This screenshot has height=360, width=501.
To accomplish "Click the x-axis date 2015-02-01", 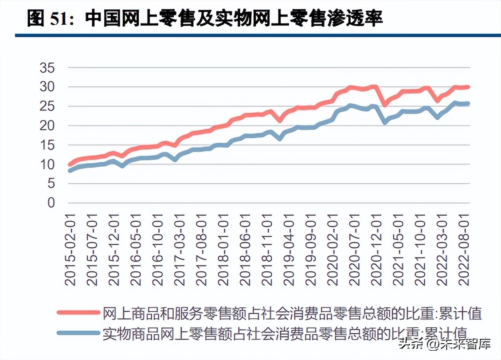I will pyautogui.click(x=70, y=250).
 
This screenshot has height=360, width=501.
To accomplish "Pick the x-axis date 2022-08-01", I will pyautogui.click(x=464, y=250).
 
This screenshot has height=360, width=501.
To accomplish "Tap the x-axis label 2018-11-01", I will pyautogui.click(x=267, y=250).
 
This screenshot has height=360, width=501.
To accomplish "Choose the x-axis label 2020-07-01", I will pyautogui.click(x=355, y=250).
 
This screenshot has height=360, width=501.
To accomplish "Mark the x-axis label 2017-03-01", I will pyautogui.click(x=180, y=250).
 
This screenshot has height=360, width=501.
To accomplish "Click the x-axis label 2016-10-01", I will pyautogui.click(x=158, y=250).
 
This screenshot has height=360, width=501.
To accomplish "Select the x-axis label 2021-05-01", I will pyautogui.click(x=399, y=250).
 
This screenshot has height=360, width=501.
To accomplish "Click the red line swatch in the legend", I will pyautogui.click(x=78, y=312).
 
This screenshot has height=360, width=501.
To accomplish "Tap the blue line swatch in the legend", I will pyautogui.click(x=78, y=332).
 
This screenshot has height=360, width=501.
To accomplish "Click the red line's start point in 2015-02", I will pyautogui.click(x=70, y=164).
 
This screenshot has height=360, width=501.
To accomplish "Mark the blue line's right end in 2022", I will pyautogui.click(x=467, y=104).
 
